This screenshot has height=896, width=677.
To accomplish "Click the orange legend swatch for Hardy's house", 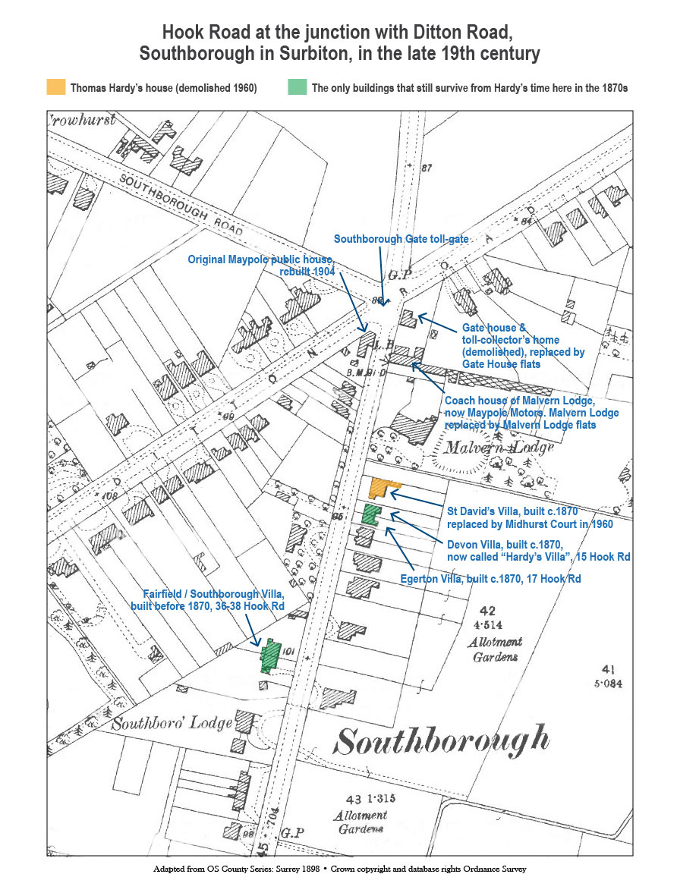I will pyautogui.click(x=55, y=87).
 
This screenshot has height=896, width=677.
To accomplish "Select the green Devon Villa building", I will pyautogui.click(x=370, y=514).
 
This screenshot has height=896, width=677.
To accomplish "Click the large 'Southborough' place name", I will pyautogui.click(x=442, y=740).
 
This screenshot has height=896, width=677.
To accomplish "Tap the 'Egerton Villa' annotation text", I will pyautogui.click(x=490, y=579).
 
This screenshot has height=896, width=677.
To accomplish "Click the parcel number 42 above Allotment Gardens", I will pyautogui.click(x=487, y=611).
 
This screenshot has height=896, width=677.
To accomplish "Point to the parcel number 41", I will pyautogui.click(x=607, y=668).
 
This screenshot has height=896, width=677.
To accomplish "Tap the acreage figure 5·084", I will pyautogui.click(x=608, y=683).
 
